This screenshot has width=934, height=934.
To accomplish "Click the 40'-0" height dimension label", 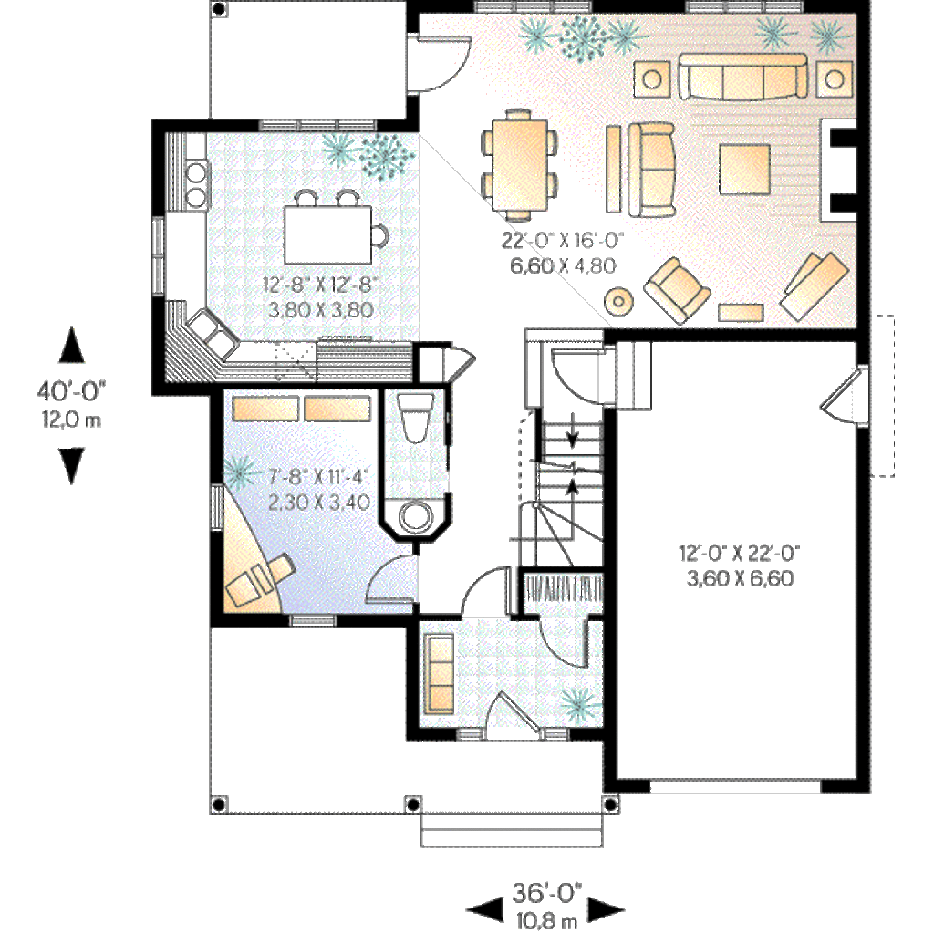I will pos(72,391).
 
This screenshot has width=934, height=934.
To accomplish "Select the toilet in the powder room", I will pos(416,419).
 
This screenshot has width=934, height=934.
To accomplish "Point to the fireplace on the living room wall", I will pos(839,168).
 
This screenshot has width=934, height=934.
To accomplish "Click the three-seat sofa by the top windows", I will pos(742,77).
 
